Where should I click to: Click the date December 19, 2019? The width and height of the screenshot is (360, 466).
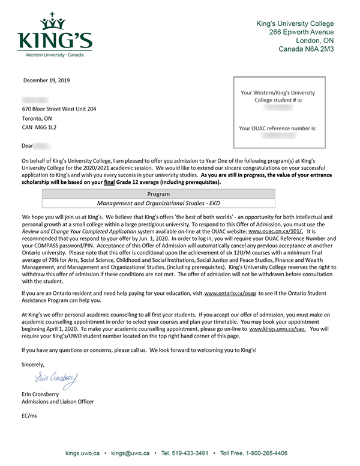click(x=47, y=80)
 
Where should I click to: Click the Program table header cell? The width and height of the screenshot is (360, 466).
click(x=158, y=195)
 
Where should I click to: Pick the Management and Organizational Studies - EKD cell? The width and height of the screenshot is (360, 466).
click(x=158, y=204)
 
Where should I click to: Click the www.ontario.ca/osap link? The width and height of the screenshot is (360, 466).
click(x=229, y=294)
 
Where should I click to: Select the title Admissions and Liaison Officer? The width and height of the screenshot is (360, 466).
click(x=58, y=402)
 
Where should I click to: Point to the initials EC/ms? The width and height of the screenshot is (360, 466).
click(x=29, y=416)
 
